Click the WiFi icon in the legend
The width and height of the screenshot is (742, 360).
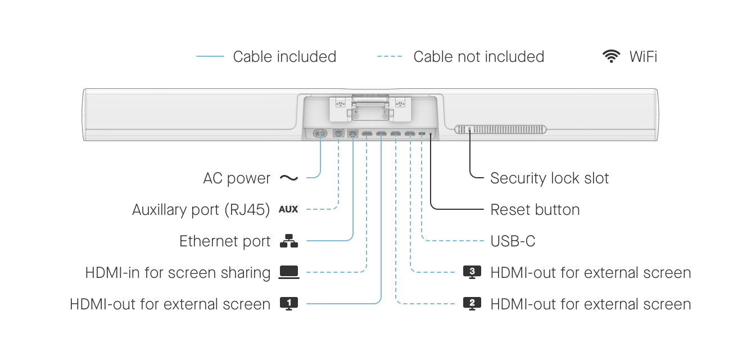click(x=611, y=56)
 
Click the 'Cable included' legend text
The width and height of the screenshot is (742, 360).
click(x=284, y=57)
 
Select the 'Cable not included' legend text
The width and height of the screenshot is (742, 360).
click(x=478, y=57)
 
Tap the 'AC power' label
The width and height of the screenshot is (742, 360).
click(x=237, y=178)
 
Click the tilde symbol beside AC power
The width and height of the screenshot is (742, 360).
click(x=288, y=178)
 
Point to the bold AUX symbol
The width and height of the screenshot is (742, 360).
click(x=288, y=210)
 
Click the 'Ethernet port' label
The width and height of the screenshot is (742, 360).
click(x=225, y=241)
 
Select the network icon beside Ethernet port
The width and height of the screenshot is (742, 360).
click(x=289, y=241)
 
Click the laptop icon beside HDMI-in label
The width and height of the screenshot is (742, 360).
click(x=289, y=273)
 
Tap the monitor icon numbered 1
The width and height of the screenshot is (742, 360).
click(x=289, y=304)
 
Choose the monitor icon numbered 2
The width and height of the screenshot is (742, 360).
click(x=472, y=304)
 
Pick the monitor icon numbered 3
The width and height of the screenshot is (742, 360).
click(x=472, y=272)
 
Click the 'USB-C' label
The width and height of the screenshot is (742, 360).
click(x=513, y=241)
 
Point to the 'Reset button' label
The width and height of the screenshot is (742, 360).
click(x=535, y=210)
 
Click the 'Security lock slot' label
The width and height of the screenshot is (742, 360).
click(x=549, y=178)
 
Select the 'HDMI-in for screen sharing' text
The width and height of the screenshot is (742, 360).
click(x=178, y=273)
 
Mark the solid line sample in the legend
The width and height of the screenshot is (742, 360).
click(x=210, y=57)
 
